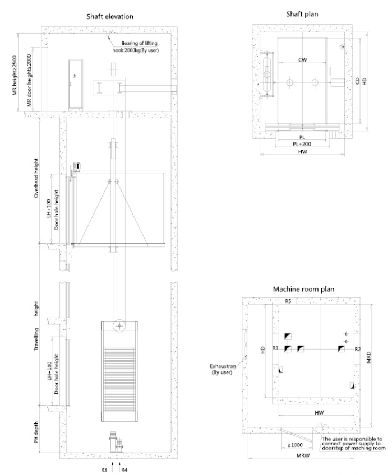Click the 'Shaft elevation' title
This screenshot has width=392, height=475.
110,16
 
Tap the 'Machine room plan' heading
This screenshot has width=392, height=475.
303,290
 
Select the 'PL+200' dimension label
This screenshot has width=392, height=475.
302,144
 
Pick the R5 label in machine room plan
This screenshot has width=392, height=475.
287,301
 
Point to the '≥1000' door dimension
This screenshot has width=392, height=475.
296,445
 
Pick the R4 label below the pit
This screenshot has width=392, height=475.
124,469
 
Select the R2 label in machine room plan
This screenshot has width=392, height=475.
357,348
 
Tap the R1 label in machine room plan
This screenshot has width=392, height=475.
275,348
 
